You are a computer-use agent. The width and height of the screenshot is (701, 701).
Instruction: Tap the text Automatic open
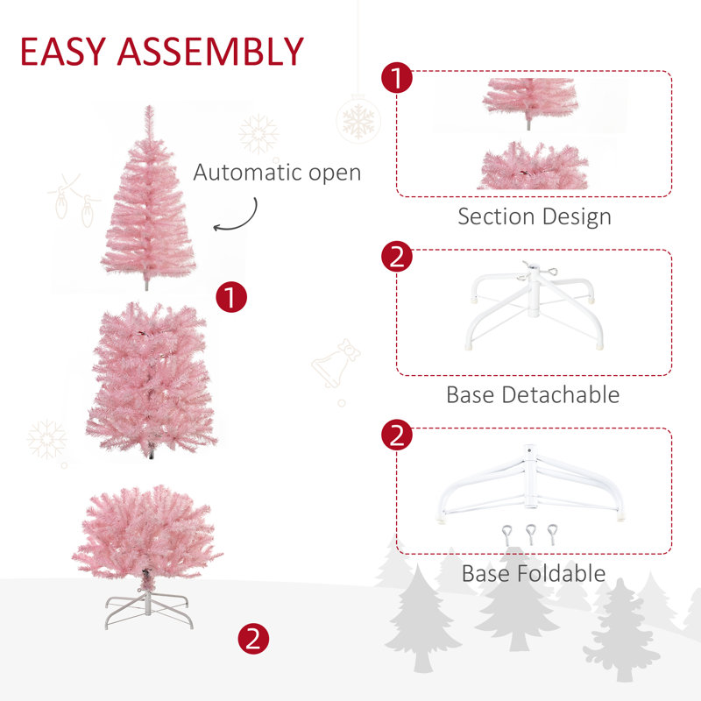[x=277, y=172]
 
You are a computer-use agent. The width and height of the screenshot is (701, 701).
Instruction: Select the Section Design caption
[x=534, y=216]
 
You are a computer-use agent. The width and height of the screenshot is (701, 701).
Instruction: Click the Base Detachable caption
[x=533, y=394]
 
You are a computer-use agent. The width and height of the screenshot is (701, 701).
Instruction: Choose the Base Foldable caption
[x=534, y=574]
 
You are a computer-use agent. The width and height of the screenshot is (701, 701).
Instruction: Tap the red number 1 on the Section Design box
[x=397, y=79]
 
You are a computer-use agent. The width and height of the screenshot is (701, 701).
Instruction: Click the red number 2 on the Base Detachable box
[x=397, y=258]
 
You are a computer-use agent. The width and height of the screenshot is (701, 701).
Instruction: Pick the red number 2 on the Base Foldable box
[x=397, y=436]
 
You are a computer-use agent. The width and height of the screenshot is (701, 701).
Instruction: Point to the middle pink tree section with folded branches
[x=152, y=377]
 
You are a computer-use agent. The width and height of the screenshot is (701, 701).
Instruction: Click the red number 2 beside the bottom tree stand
[x=253, y=638]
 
